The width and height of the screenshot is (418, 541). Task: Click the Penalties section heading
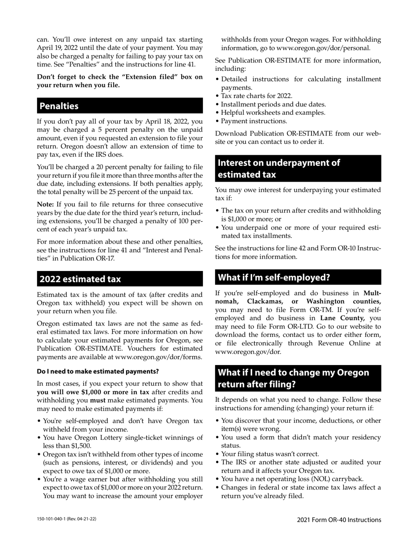[x=59, y=106]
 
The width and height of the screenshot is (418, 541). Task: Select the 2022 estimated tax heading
[x=80, y=279]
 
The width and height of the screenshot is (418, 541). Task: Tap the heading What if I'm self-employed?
[x=274, y=277]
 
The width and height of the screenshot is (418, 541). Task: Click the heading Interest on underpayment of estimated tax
[x=279, y=168]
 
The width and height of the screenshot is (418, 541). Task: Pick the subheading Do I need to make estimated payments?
[x=98, y=371]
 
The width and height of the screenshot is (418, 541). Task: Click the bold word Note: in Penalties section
[x=45, y=205]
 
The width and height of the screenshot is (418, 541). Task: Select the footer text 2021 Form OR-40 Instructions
[x=339, y=520]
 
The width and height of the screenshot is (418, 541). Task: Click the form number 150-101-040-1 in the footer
[x=56, y=519]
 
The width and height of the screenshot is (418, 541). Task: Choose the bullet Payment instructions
[x=254, y=121]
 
